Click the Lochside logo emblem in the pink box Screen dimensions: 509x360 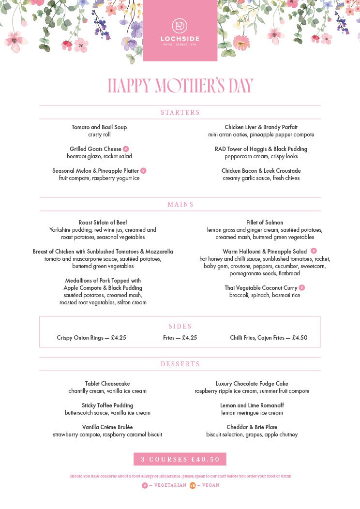[180, 26]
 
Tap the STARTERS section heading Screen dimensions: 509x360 [180, 112]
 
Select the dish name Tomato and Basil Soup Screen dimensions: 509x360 [99, 127]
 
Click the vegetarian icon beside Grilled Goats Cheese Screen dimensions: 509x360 [126, 149]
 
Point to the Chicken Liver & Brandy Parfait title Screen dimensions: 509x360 [261, 127]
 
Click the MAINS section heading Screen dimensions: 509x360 [180, 204]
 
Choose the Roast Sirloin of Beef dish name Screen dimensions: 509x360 [103, 223]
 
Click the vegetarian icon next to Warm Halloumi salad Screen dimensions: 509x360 [314, 251]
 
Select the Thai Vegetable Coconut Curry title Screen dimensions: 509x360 [261, 288]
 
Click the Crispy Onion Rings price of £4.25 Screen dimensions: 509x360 [119, 338]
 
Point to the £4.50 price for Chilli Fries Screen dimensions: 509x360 [300, 338]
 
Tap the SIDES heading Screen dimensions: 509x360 [180, 326]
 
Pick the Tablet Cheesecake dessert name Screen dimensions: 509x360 [107, 384]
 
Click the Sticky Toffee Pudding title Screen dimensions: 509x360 [107, 405]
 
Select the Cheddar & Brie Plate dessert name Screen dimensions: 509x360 [252, 427]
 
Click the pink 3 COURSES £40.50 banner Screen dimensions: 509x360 [180, 459]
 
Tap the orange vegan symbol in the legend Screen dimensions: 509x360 [193, 485]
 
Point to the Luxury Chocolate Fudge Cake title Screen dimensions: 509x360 [252, 384]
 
